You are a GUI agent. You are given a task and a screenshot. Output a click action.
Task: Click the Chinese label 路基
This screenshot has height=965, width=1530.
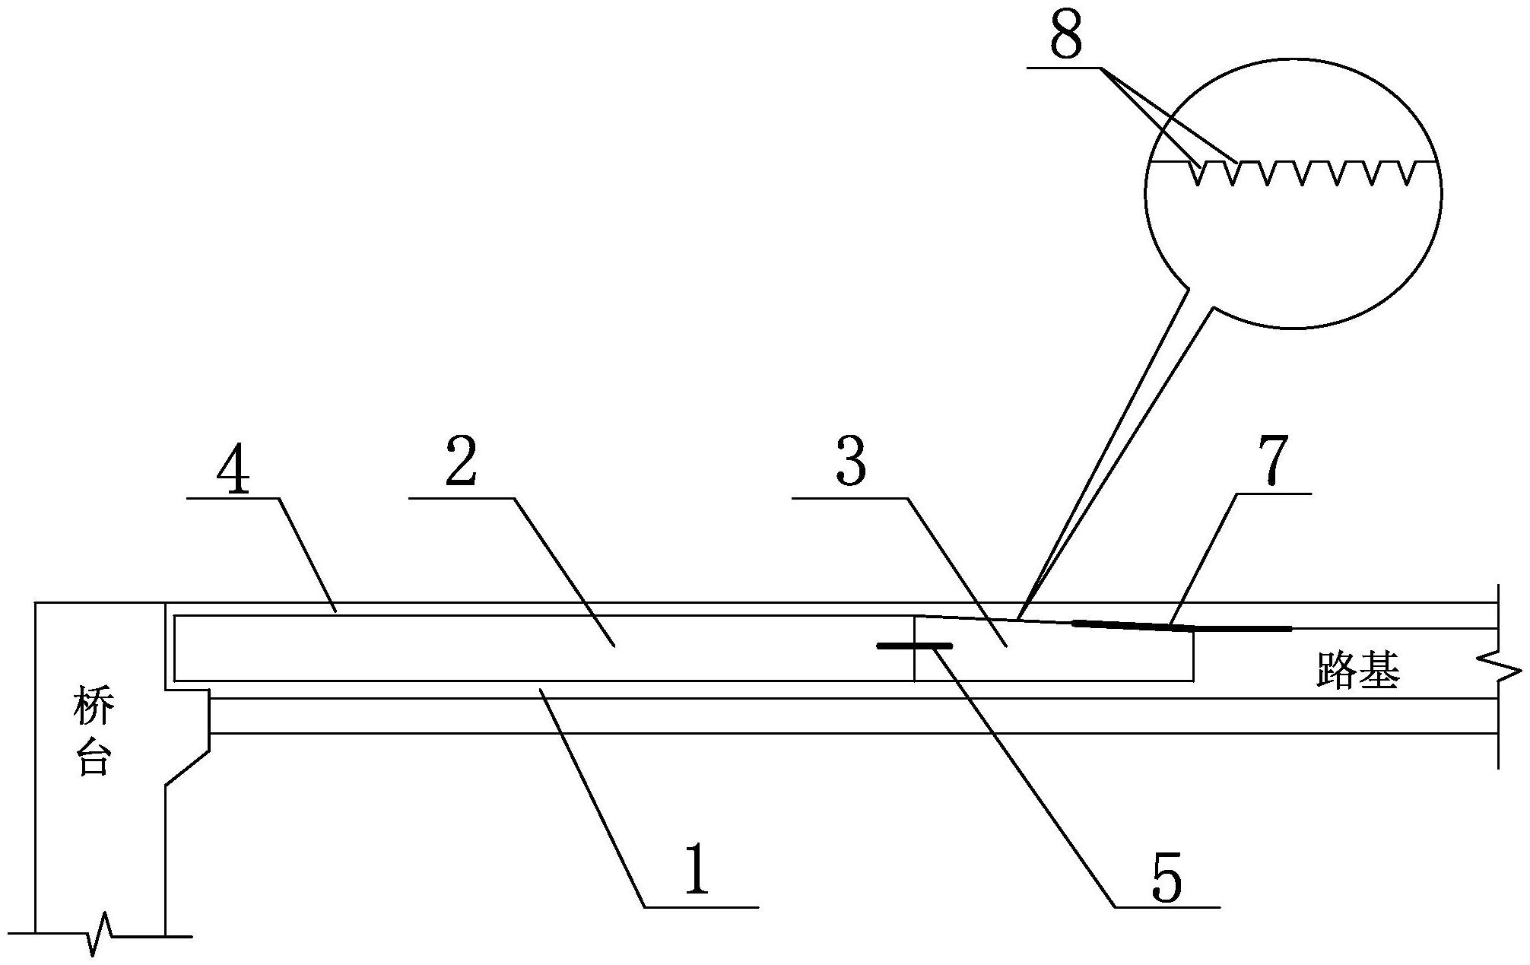(1358, 673)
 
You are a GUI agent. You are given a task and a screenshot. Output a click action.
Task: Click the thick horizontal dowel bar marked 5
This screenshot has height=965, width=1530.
(915, 646)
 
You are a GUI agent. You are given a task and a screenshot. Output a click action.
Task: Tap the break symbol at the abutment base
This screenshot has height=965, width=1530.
(100, 935)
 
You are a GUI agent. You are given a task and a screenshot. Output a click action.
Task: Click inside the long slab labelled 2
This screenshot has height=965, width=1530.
(532, 648)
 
